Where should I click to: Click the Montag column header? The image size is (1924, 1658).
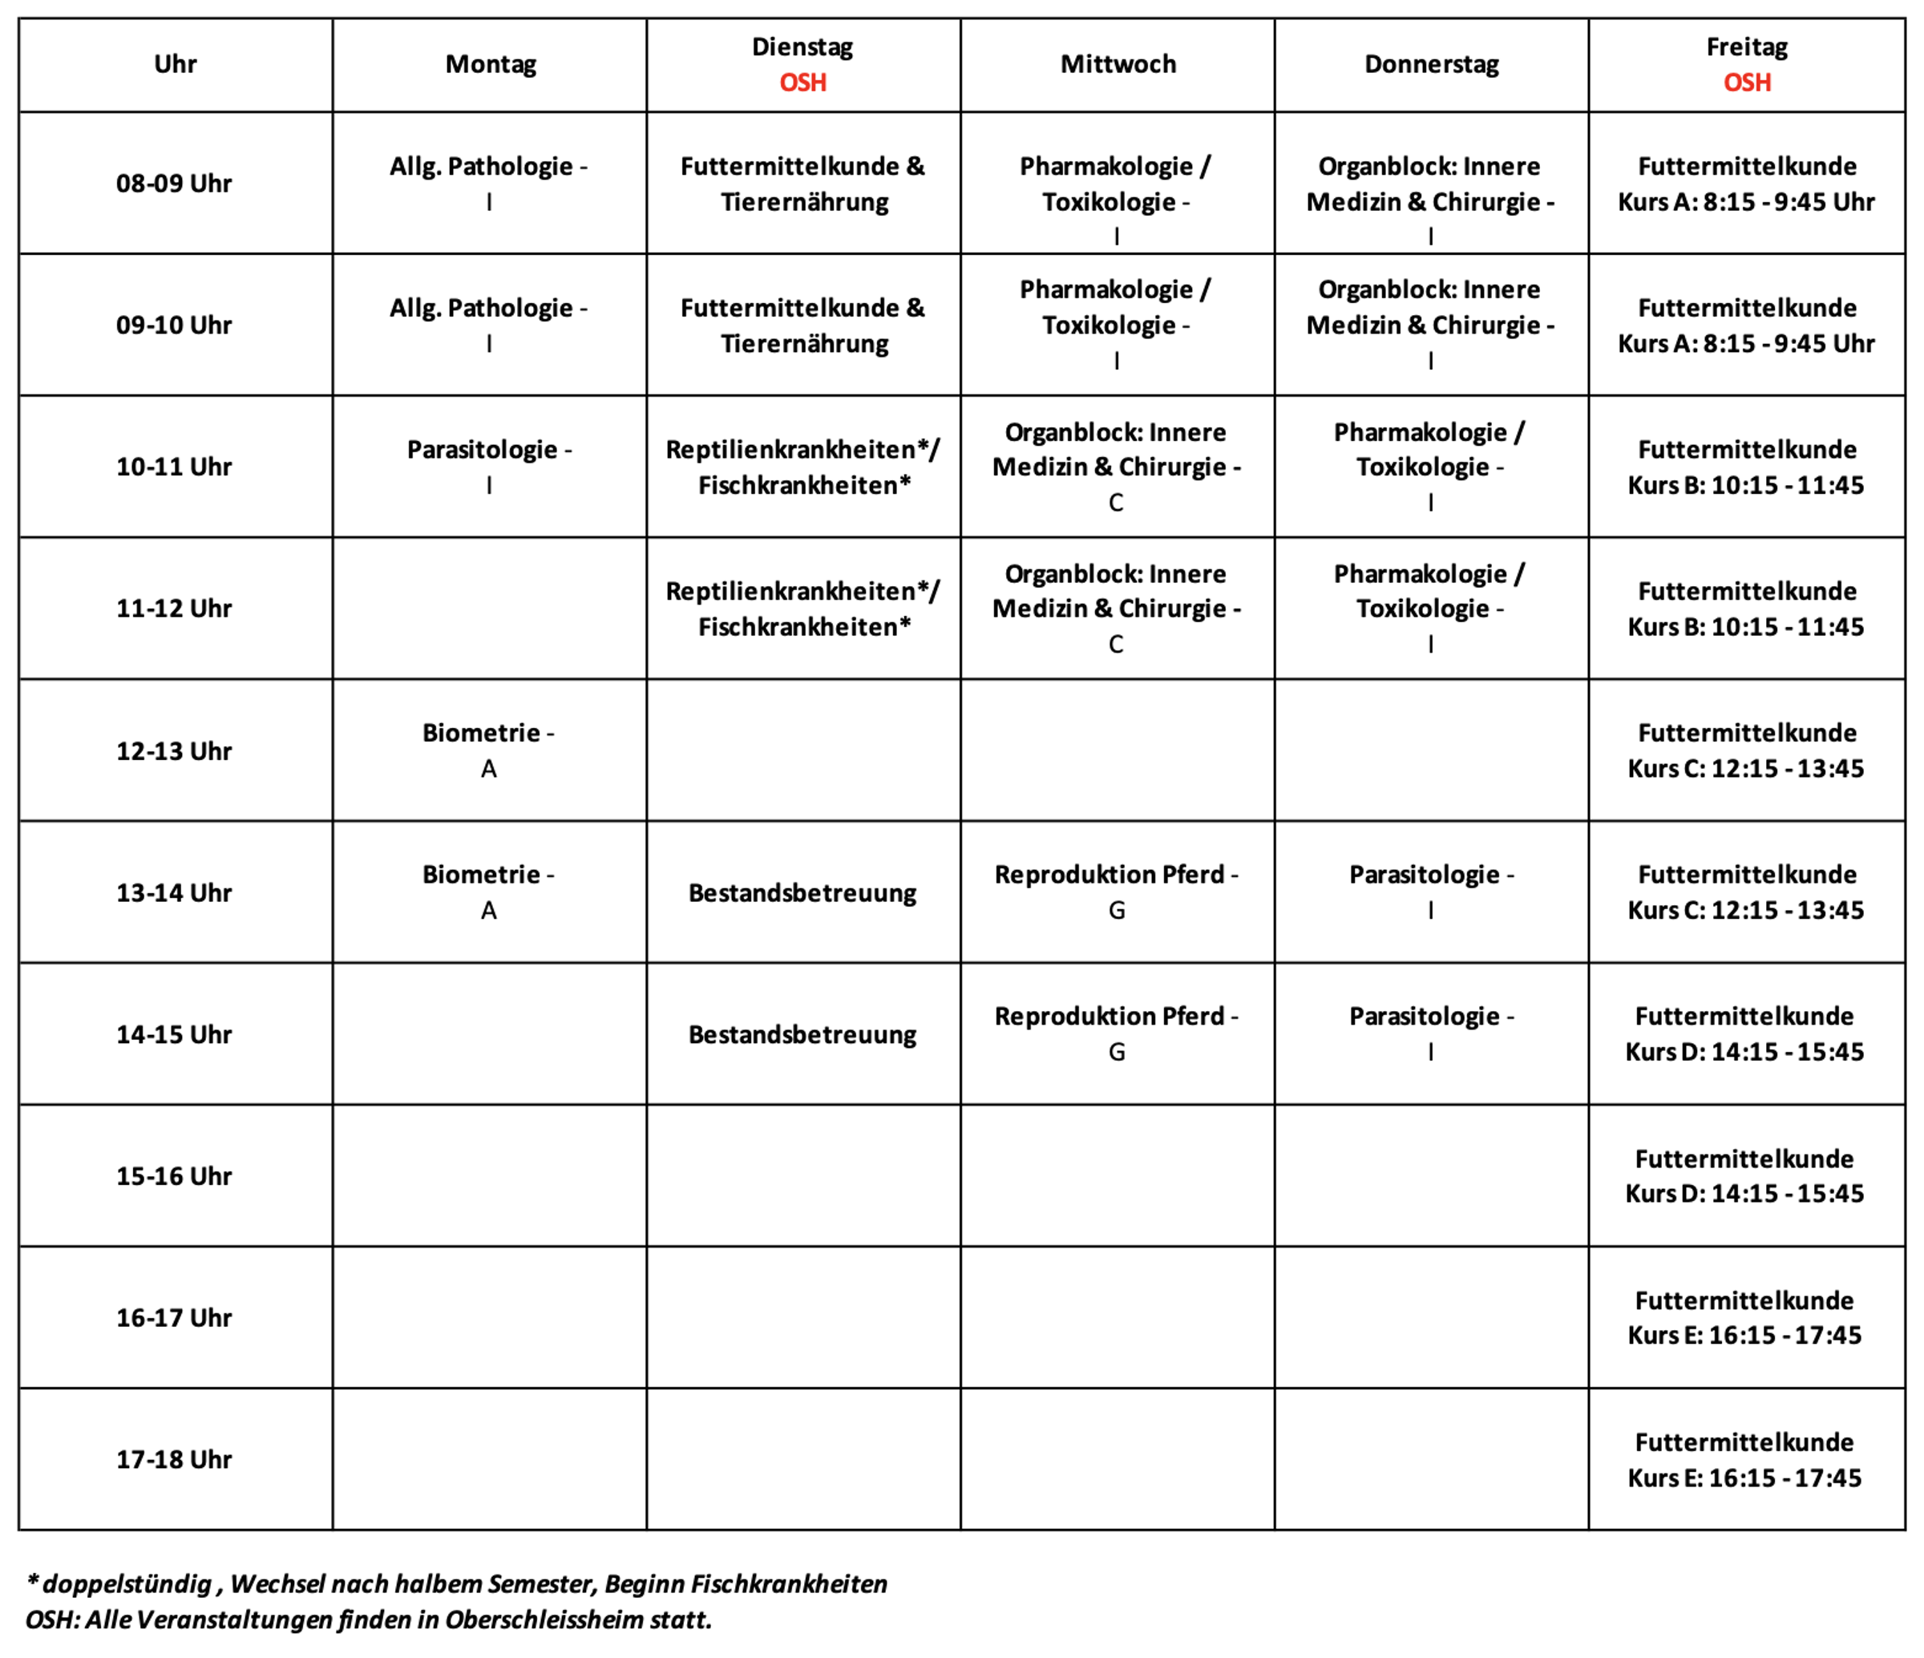point(491,64)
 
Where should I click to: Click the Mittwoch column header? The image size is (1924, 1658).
point(1118,64)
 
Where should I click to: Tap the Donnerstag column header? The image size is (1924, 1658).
point(1431,64)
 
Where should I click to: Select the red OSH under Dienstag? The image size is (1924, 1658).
point(802,83)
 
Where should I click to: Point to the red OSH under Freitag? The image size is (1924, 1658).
point(1747,83)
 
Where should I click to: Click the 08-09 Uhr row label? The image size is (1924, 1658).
point(174,183)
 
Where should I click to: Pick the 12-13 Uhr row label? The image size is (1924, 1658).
point(174,750)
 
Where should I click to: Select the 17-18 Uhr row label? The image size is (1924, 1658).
point(174,1459)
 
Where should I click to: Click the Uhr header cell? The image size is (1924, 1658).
point(175,64)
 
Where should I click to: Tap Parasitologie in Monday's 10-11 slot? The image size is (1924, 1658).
point(482,450)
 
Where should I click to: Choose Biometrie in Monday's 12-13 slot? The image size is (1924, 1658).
point(481,733)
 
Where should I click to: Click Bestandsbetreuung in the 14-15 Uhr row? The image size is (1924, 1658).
point(802,1035)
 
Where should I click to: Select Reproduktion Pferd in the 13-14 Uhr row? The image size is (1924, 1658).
point(1110,875)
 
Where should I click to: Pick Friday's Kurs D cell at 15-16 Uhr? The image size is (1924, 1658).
point(1744,1176)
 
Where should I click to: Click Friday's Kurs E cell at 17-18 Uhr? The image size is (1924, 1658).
point(1744,1459)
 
